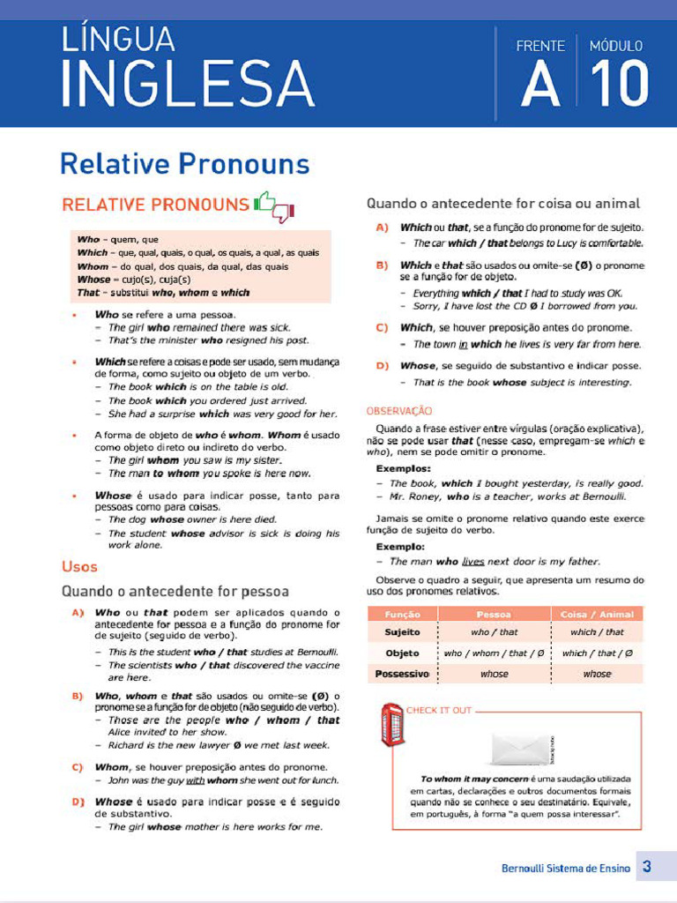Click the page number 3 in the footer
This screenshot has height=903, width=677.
pyautogui.click(x=647, y=867)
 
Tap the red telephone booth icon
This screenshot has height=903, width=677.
pyautogui.click(x=391, y=726)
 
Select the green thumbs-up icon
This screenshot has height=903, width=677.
pyautogui.click(x=265, y=202)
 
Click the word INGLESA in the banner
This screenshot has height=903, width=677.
pyautogui.click(x=187, y=86)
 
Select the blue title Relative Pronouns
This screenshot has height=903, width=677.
pyautogui.click(x=185, y=164)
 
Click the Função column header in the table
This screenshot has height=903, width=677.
pyautogui.click(x=402, y=614)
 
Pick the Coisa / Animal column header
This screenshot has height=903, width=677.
pyautogui.click(x=597, y=614)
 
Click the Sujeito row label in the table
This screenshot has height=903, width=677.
pyautogui.click(x=402, y=632)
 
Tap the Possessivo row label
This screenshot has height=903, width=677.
pyautogui.click(x=402, y=674)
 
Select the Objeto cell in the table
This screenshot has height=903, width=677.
pyautogui.click(x=402, y=653)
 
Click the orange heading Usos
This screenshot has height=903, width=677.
pyautogui.click(x=79, y=566)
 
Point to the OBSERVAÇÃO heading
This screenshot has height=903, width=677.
pyautogui.click(x=399, y=410)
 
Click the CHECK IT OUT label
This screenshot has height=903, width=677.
pyautogui.click(x=439, y=710)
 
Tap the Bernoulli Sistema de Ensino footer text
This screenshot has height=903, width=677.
pyautogui.click(x=566, y=869)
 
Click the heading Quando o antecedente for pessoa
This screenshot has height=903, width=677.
pyautogui.click(x=175, y=590)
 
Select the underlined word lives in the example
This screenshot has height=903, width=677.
pyautogui.click(x=473, y=561)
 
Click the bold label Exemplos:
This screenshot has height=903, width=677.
pyautogui.click(x=403, y=468)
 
